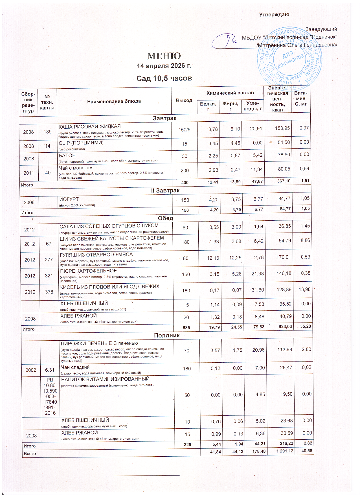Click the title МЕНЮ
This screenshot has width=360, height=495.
(164, 56)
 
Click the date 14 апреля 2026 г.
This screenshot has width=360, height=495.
(164, 66)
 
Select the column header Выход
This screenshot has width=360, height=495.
(184, 100)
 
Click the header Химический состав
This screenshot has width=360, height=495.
(230, 93)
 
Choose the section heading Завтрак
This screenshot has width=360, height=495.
(164, 118)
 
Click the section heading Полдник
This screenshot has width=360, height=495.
(167, 335)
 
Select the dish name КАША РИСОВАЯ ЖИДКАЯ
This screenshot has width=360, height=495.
(89, 126)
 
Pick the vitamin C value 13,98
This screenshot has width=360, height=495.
(304, 289)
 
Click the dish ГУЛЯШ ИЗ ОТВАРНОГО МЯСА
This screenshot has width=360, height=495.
(96, 255)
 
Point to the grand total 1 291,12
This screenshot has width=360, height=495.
(285, 451)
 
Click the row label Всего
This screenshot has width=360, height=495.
(30, 454)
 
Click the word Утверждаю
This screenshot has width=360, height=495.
(274, 15)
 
